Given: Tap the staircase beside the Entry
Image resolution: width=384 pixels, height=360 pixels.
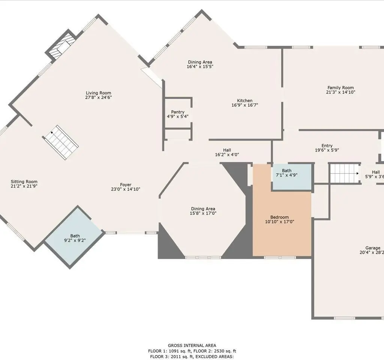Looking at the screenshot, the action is click(345, 174).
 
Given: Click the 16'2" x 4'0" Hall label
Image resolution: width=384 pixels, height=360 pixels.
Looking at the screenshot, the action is click(227, 152).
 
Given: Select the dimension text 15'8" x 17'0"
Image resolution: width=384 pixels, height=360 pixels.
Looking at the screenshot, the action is click(203, 213).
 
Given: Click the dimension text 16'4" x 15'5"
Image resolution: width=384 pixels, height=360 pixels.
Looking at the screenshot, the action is click(200, 67).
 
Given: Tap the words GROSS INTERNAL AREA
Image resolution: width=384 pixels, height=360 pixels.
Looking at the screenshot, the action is click(192, 345).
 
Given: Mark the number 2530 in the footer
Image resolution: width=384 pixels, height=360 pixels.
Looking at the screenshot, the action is click(219, 351).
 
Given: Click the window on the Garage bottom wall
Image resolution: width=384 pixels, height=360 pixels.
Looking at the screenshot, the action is click(344, 318).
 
